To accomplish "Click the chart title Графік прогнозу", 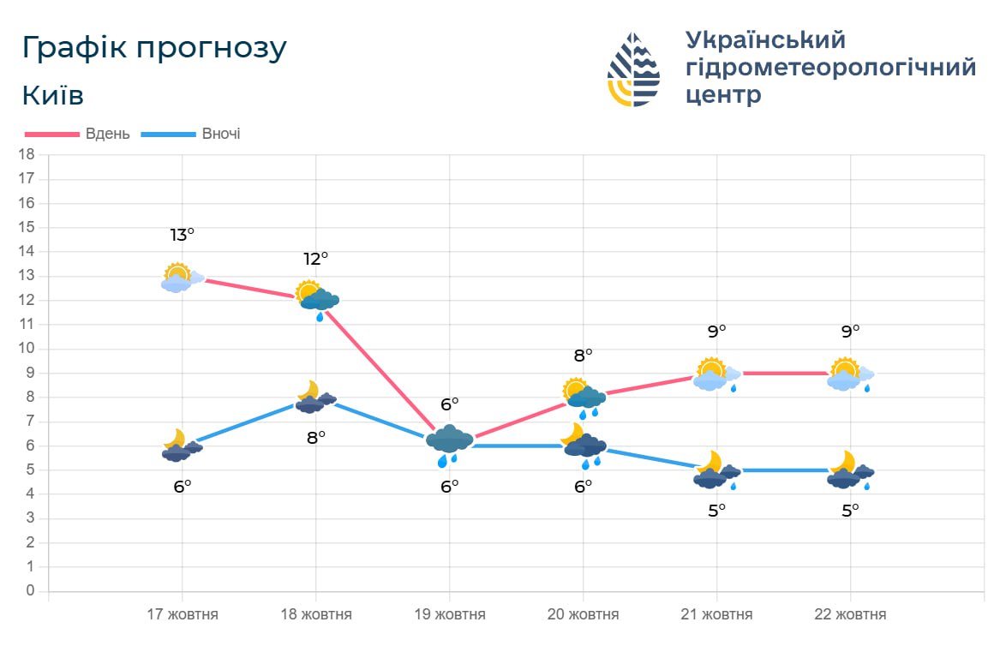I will (154, 48).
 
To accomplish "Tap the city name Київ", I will (52, 95).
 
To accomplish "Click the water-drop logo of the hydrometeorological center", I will (633, 69).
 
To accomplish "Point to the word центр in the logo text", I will (723, 94).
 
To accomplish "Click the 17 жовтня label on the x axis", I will (182, 614).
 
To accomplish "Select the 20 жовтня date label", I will (583, 614).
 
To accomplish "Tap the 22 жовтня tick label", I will (850, 614).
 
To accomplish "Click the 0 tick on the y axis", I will (30, 591).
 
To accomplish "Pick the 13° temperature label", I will (182, 235).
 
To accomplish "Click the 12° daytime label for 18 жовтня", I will (315, 259).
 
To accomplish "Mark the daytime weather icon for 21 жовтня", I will (716, 374).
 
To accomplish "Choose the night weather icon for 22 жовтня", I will (849, 470).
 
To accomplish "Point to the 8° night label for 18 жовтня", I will (315, 438).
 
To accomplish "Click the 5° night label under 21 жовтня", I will (716, 510).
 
